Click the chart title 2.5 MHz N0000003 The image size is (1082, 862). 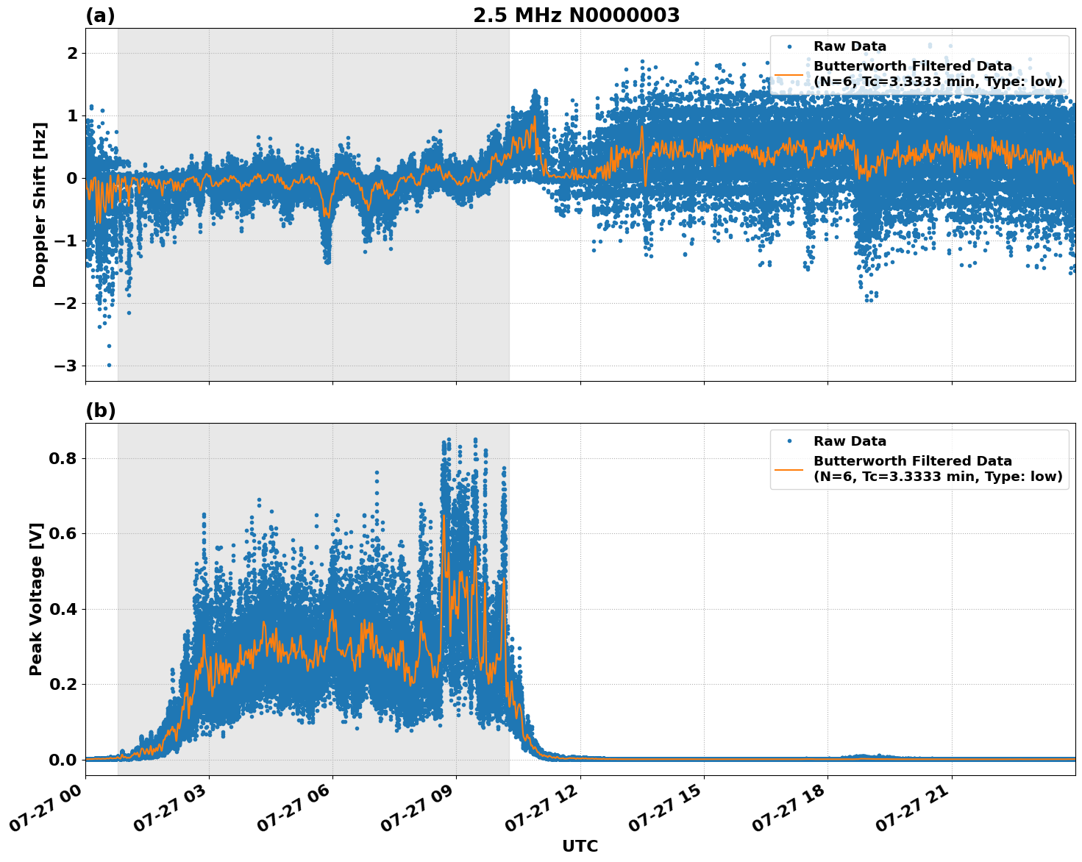(576, 15)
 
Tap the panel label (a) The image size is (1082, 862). (100, 15)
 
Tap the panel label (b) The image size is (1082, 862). (101, 410)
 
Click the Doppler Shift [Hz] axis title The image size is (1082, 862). (40, 204)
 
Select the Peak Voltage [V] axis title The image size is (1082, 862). (36, 599)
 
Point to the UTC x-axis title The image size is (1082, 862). (580, 846)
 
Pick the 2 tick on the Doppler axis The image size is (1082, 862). (72, 54)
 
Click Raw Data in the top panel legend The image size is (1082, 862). (850, 46)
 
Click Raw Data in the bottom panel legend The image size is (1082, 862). (850, 441)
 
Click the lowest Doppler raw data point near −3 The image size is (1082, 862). (110, 365)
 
